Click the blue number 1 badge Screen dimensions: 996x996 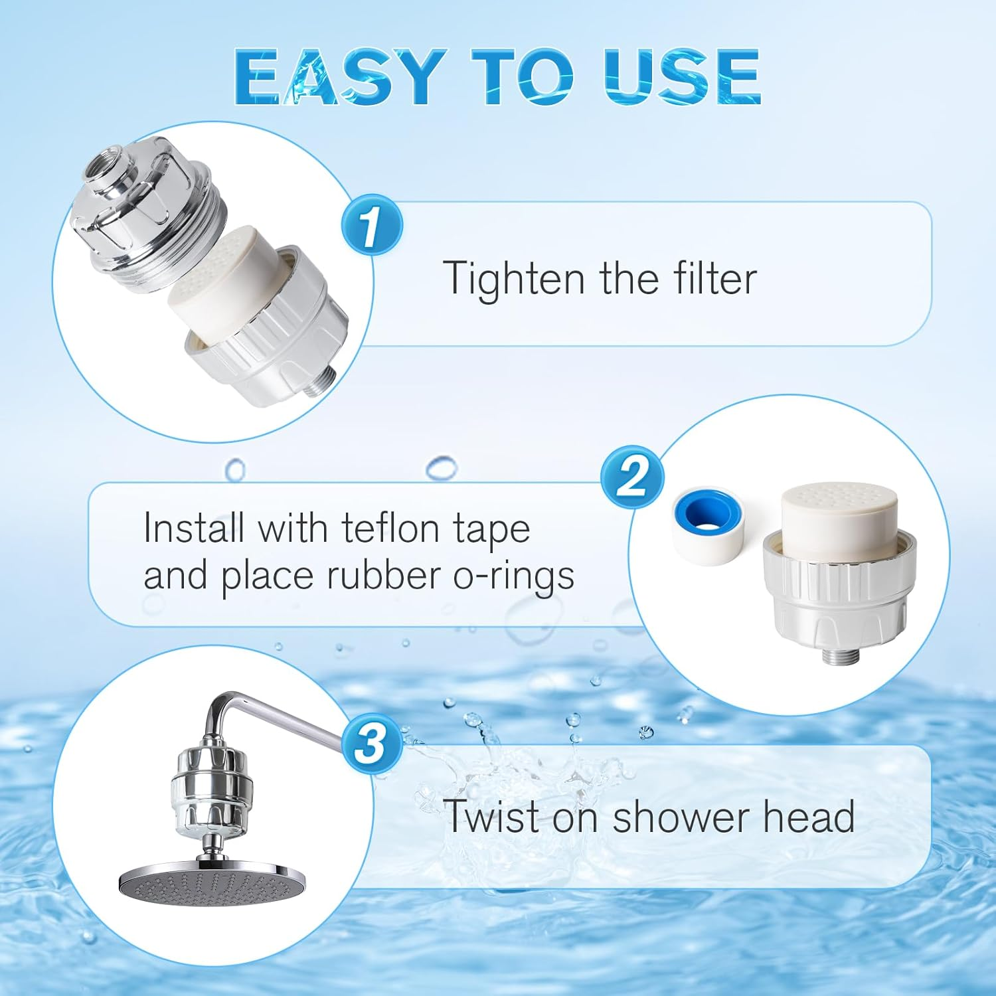371,225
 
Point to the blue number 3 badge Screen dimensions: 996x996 371,744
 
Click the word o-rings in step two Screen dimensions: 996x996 513,576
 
